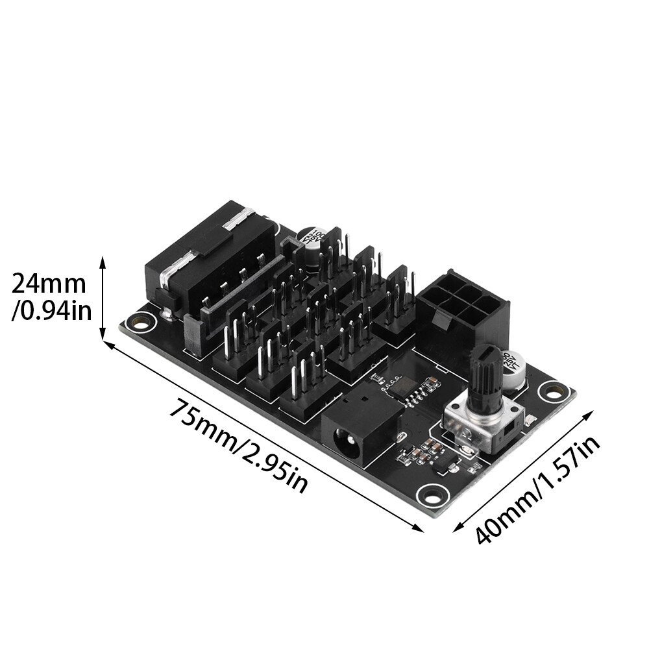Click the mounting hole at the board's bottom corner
coord(429,495)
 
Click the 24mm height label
coord(49,284)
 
